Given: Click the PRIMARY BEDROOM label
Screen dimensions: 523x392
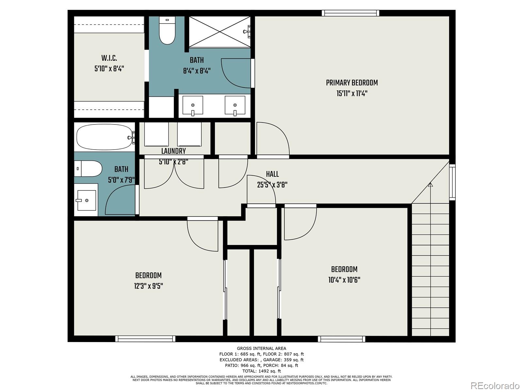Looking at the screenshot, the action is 352,83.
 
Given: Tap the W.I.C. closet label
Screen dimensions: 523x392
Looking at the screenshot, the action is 109,58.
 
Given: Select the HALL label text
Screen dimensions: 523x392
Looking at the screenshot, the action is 272,174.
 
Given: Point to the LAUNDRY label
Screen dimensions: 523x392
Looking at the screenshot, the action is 174,151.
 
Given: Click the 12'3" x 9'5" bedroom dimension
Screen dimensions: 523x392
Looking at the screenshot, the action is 148,286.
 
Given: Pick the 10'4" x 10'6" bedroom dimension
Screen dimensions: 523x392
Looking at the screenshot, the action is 344,280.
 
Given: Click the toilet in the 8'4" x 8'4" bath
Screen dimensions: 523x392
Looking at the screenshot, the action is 167,30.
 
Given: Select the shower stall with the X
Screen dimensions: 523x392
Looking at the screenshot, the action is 219,32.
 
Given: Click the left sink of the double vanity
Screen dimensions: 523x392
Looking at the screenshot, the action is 193,106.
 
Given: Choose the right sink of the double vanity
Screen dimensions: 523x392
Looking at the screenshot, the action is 235,106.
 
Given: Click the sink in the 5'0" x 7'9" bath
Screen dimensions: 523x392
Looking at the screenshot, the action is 86,200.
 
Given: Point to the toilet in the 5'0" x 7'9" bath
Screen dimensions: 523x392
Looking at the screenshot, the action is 88,169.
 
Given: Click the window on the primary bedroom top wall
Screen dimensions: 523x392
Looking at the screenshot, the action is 350,13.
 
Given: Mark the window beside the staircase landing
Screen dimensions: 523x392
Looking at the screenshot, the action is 452,182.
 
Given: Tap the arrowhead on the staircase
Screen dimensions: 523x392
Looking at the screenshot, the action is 430,184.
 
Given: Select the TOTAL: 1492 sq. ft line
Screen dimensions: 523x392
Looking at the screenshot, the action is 261,371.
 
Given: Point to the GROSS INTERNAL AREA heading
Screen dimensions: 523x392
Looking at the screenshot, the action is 261,348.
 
